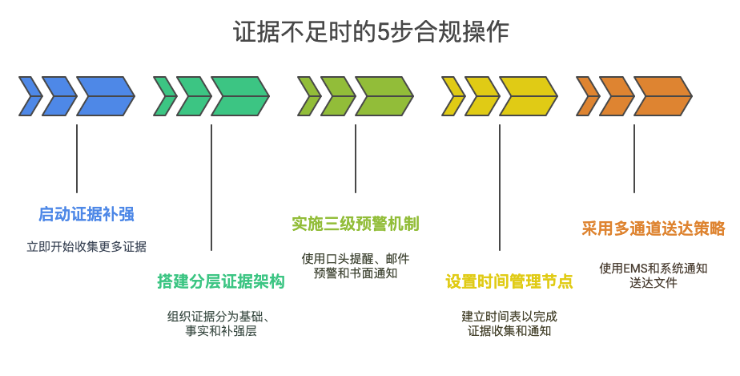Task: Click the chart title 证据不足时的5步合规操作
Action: point(370,32)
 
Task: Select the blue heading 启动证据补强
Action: point(86,214)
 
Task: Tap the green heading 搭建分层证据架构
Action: point(221,281)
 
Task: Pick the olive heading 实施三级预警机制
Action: point(356,224)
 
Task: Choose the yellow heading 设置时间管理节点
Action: point(509,281)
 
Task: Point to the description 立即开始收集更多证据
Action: point(86,246)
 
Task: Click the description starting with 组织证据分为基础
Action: point(221,322)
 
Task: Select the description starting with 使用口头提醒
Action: point(356,265)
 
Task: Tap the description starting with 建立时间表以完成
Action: point(509,322)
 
